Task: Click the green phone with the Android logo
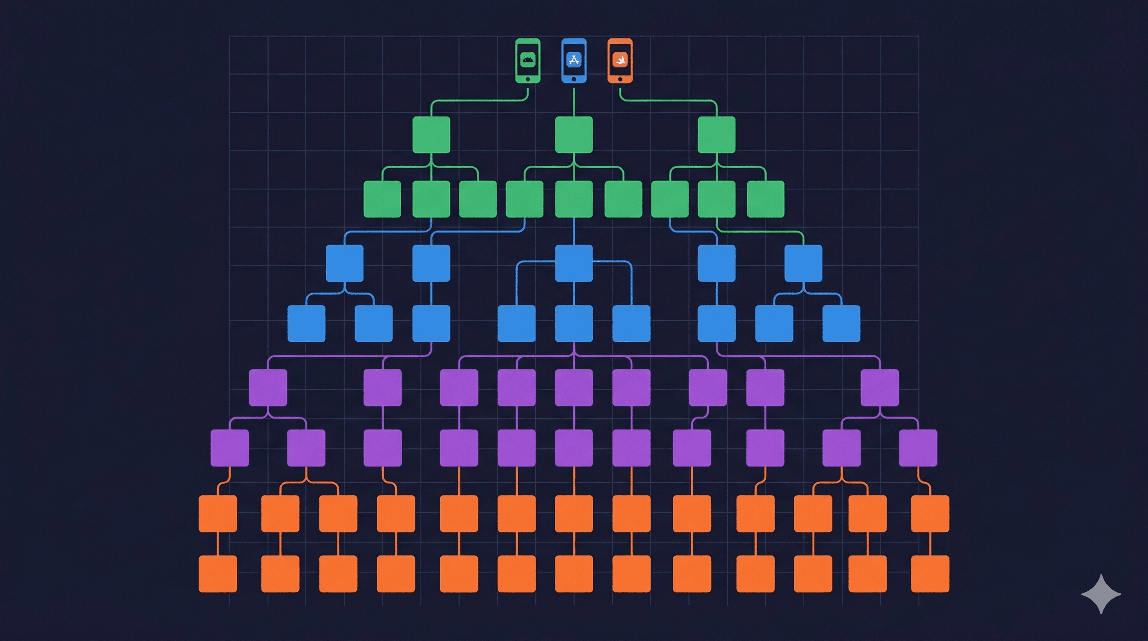pyautogui.click(x=528, y=61)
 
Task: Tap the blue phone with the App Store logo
pyautogui.click(x=574, y=61)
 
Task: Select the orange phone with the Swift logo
pyautogui.click(x=620, y=61)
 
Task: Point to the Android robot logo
pyautogui.click(x=528, y=59)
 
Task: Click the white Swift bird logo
pyautogui.click(x=620, y=59)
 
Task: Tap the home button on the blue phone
pyautogui.click(x=574, y=79)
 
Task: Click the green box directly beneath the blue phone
pyautogui.click(x=574, y=135)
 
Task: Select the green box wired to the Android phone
pyautogui.click(x=431, y=135)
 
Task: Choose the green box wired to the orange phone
pyautogui.click(x=716, y=135)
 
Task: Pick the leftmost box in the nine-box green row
pyautogui.click(x=382, y=199)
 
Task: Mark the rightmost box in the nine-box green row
pyautogui.click(x=765, y=199)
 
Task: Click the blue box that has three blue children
pyautogui.click(x=574, y=263)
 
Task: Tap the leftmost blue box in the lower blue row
pyautogui.click(x=306, y=323)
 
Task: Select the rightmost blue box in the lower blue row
pyautogui.click(x=841, y=323)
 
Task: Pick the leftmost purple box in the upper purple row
pyautogui.click(x=268, y=387)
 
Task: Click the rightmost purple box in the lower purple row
pyautogui.click(x=918, y=447)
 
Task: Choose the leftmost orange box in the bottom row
pyautogui.click(x=217, y=574)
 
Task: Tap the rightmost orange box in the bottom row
pyautogui.click(x=930, y=574)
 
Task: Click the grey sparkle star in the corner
pyautogui.click(x=1101, y=594)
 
